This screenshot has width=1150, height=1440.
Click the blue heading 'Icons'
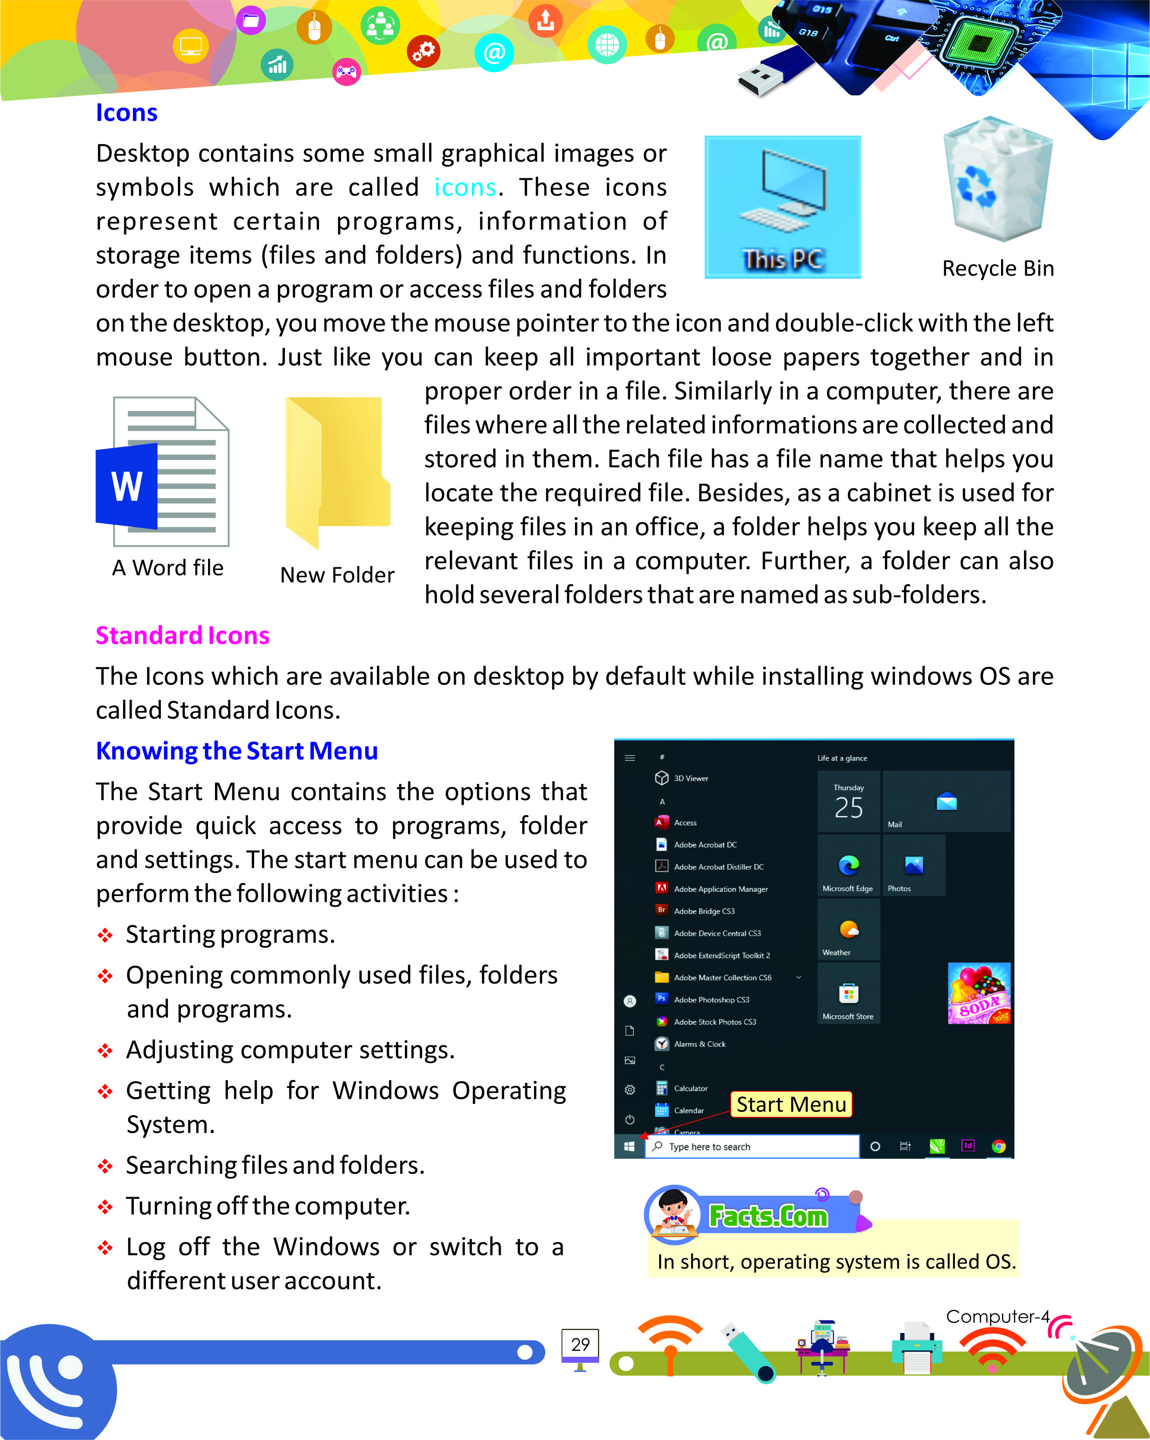click(x=126, y=113)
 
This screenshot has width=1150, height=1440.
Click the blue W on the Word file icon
click(x=127, y=486)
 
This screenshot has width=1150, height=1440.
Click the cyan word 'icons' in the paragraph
click(x=465, y=188)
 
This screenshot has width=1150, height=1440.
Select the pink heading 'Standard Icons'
click(x=183, y=635)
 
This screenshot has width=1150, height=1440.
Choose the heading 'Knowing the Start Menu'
click(x=237, y=751)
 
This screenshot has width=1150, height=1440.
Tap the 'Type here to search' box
click(x=752, y=1147)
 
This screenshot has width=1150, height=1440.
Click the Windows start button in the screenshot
click(x=629, y=1147)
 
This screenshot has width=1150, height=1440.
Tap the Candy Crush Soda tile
click(x=979, y=993)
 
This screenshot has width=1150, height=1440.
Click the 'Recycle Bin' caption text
click(x=998, y=268)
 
